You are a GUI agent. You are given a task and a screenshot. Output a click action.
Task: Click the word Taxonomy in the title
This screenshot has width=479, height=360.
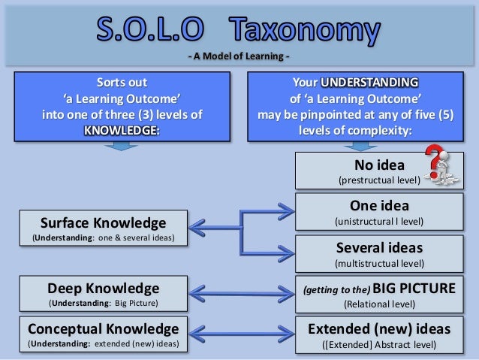click(x=314, y=32)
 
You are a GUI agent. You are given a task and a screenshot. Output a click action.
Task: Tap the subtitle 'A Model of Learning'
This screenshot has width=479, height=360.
click(x=239, y=59)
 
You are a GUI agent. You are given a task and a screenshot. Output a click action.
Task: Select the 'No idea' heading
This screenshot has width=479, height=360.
click(x=378, y=165)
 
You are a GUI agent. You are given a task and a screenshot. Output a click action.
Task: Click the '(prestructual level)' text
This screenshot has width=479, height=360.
click(x=378, y=180)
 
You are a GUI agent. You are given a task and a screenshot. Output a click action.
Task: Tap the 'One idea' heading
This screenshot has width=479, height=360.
click(x=378, y=206)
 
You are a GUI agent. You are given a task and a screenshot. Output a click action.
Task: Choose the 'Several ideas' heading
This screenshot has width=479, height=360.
click(x=378, y=247)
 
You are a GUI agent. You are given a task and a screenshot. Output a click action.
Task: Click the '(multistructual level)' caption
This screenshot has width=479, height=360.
click(x=378, y=264)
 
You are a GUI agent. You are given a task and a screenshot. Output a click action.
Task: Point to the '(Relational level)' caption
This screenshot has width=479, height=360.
click(x=378, y=304)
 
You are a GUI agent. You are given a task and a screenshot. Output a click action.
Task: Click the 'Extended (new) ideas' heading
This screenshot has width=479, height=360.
click(x=378, y=328)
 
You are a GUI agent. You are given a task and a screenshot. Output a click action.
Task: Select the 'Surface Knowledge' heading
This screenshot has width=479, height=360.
click(x=103, y=222)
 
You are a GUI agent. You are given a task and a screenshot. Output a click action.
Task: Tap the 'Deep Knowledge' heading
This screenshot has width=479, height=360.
click(x=103, y=288)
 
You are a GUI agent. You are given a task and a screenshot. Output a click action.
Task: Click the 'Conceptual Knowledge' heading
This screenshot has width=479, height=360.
click(x=103, y=328)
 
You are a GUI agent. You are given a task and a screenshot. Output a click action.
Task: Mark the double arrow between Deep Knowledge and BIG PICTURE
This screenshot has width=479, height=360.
click(x=239, y=295)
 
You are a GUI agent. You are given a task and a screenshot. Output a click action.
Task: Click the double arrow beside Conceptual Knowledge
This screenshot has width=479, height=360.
click(x=239, y=335)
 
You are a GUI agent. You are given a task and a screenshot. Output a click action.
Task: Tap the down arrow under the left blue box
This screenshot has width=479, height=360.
click(x=121, y=147)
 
